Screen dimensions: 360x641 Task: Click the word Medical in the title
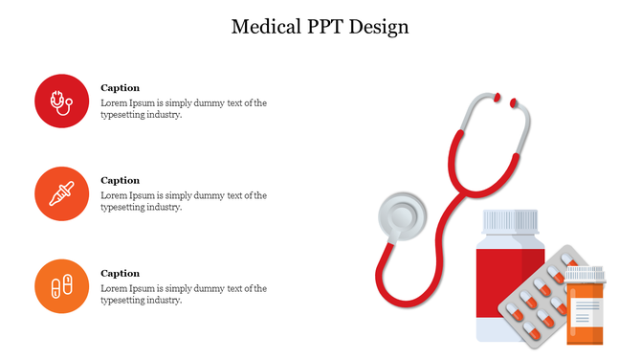(264, 27)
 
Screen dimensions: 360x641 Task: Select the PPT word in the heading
(322, 27)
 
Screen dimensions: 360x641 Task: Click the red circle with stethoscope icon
(62, 101)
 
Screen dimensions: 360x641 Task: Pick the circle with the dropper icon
(62, 193)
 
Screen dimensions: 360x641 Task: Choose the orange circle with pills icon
(62, 286)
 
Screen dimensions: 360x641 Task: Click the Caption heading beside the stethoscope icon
(120, 88)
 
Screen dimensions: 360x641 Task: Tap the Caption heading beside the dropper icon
(120, 180)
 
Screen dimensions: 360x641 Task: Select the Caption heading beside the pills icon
(120, 273)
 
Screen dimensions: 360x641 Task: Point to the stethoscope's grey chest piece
(402, 217)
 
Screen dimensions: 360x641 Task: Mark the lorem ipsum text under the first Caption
(183, 108)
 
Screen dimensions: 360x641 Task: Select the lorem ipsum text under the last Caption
(183, 294)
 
